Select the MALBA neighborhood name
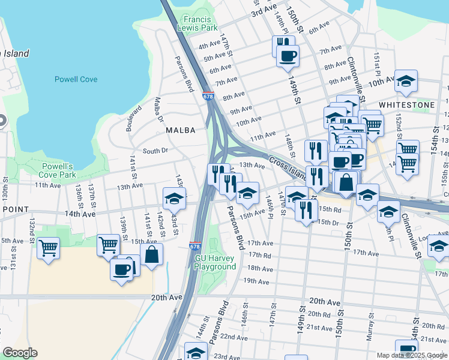(x=177, y=129)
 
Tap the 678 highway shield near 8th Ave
(x=208, y=95)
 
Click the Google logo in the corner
(x=20, y=353)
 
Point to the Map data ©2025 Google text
(x=412, y=355)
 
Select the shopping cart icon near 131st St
(x=48, y=247)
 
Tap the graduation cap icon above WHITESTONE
(x=406, y=80)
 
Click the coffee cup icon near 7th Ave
(x=288, y=56)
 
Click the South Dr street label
(x=155, y=151)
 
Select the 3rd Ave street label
(x=264, y=10)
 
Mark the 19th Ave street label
(x=256, y=281)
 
